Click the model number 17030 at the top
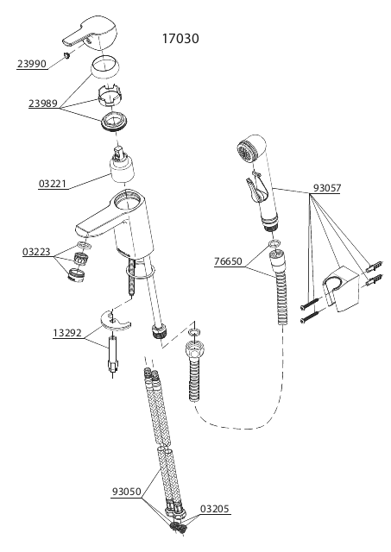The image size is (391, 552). coord(180,38)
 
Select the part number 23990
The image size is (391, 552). coord(32,64)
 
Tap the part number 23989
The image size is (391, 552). coord(43,103)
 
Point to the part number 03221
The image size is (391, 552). coord(53,184)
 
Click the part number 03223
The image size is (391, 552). coord(36,252)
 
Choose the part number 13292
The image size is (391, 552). coord(67,333)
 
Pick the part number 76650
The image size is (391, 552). coord(228,261)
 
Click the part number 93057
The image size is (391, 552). coord(327,188)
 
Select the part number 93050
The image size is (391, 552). coord(127,492)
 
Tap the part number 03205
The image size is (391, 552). coord(215,509)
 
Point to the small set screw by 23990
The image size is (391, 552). coord(66,55)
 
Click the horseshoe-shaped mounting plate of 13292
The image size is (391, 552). coord(115,320)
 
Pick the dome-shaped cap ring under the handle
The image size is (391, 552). coord(105,67)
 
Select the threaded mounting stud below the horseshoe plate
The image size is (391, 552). coord(113,355)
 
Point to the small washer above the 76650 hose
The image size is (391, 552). coord(274,243)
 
